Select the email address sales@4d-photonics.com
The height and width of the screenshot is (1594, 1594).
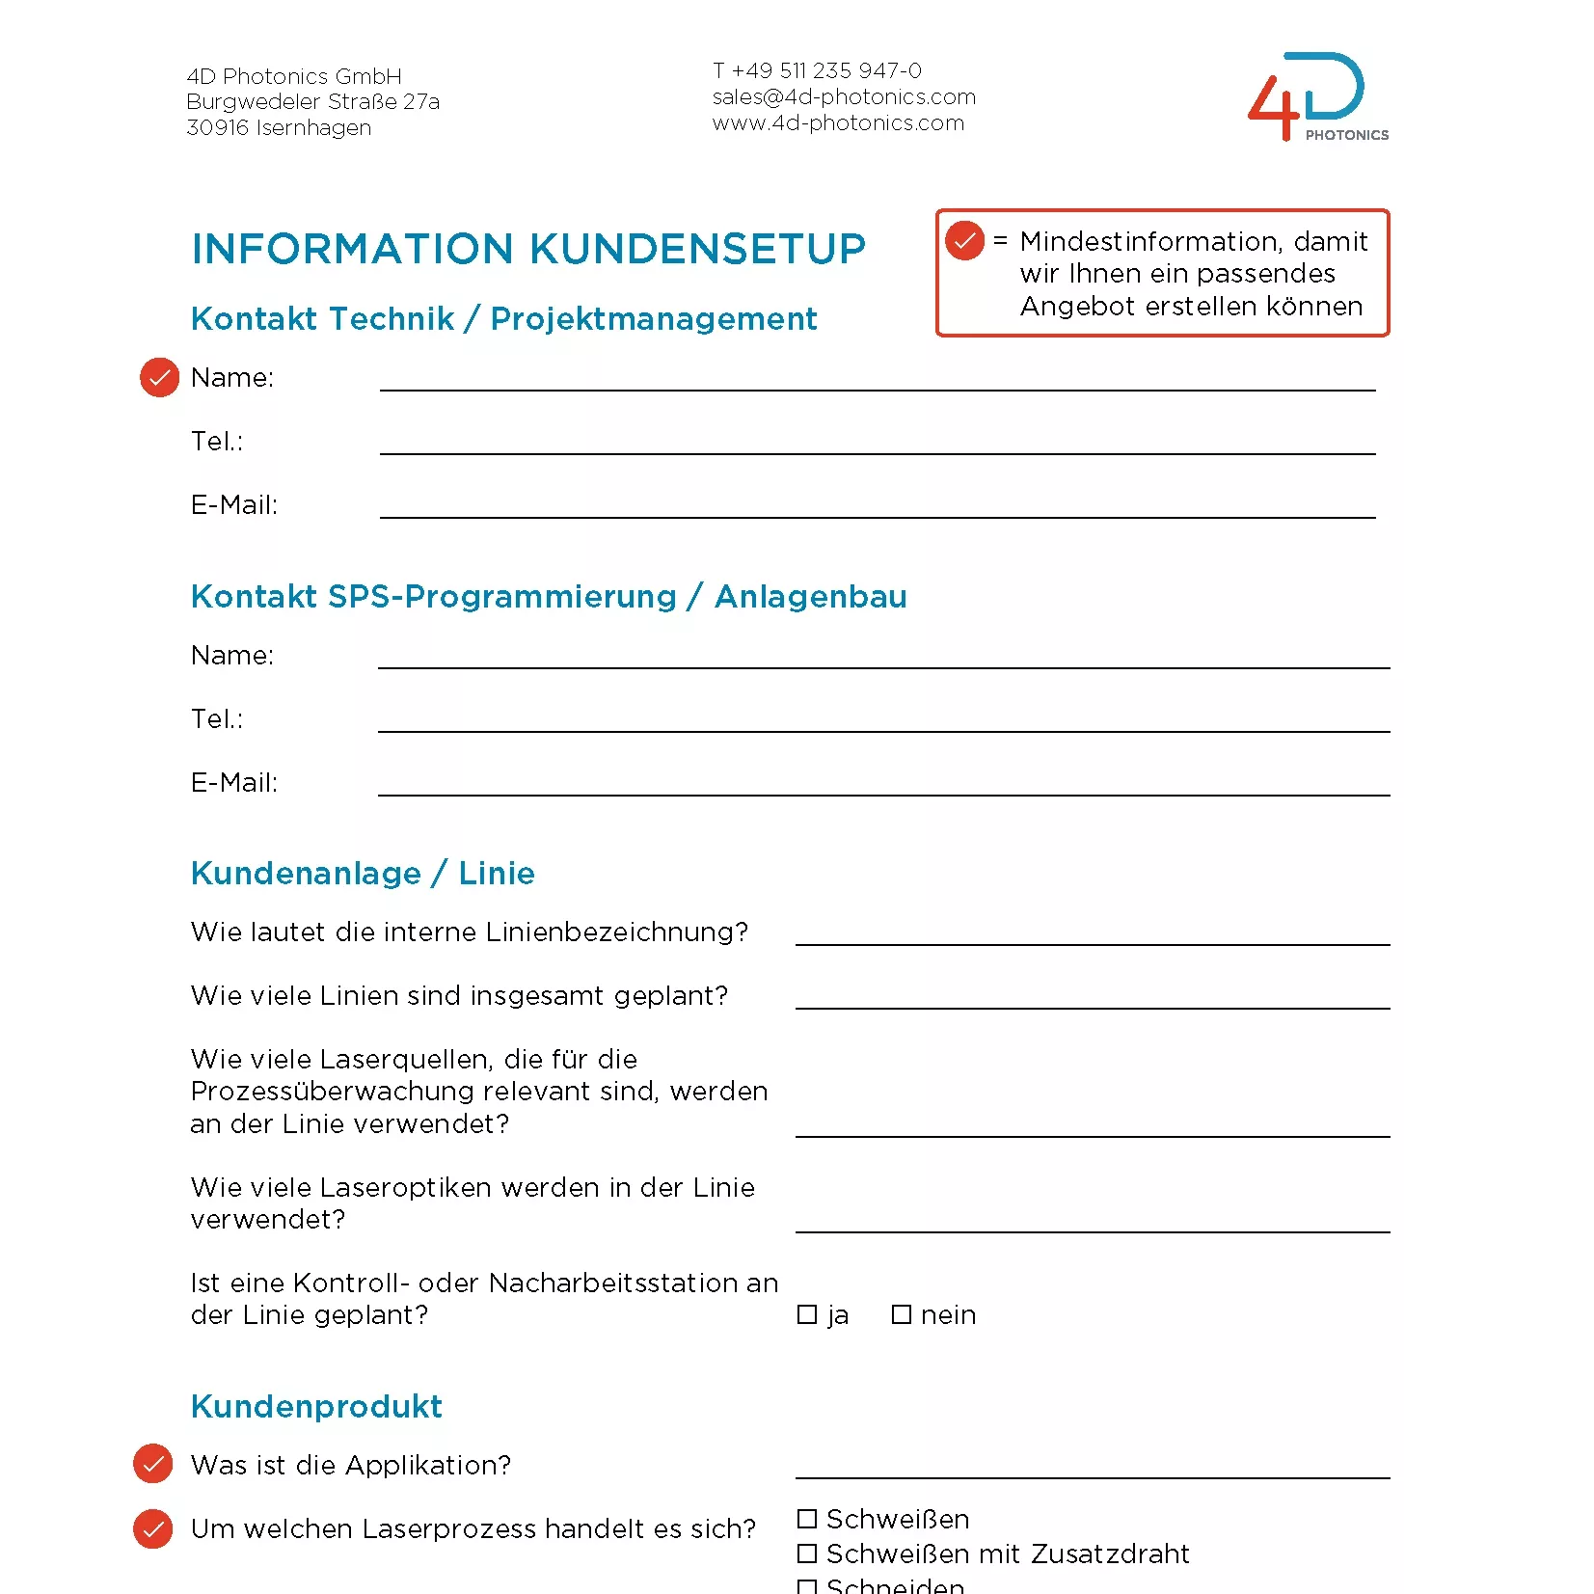tap(844, 97)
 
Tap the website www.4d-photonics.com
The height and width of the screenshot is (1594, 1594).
tap(838, 123)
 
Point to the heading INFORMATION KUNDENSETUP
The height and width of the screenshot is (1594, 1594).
tap(528, 249)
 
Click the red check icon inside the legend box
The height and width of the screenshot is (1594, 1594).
tap(964, 241)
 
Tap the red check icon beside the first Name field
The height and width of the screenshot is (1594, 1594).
tap(160, 377)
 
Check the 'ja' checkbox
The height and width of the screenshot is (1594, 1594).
tap(807, 1315)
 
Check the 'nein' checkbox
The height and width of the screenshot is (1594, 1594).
tap(902, 1315)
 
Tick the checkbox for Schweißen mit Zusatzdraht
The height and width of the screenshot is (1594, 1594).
tap(807, 1553)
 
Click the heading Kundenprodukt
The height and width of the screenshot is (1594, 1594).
tap(316, 1407)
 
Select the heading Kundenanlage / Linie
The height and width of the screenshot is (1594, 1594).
tap(363, 874)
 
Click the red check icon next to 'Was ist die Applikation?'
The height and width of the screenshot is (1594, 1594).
tap(153, 1464)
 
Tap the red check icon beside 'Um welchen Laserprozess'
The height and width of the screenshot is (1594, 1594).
tap(153, 1528)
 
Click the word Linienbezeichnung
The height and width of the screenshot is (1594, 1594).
tap(616, 932)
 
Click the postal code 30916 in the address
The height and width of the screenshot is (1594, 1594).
tap(217, 128)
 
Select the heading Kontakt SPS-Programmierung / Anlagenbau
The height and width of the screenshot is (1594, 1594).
tap(549, 597)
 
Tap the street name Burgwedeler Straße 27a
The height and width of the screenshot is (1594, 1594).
tap(312, 102)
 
